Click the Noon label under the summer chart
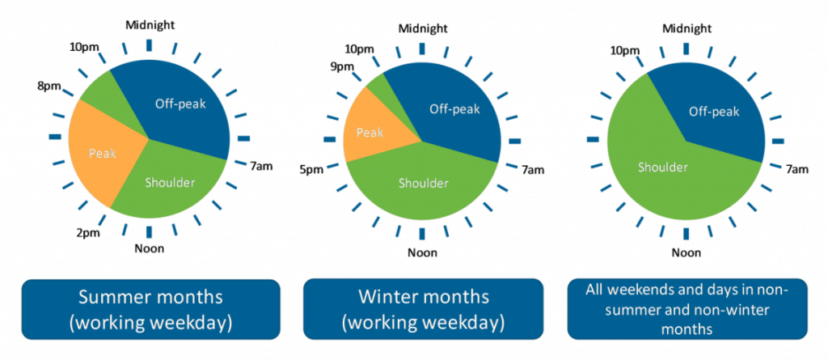click(149, 248)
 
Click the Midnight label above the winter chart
click(421, 29)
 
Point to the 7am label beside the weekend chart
click(797, 169)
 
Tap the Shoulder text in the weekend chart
click(663, 167)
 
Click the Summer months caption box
click(150, 310)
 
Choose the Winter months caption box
click(423, 310)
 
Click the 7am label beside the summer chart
click(260, 166)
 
